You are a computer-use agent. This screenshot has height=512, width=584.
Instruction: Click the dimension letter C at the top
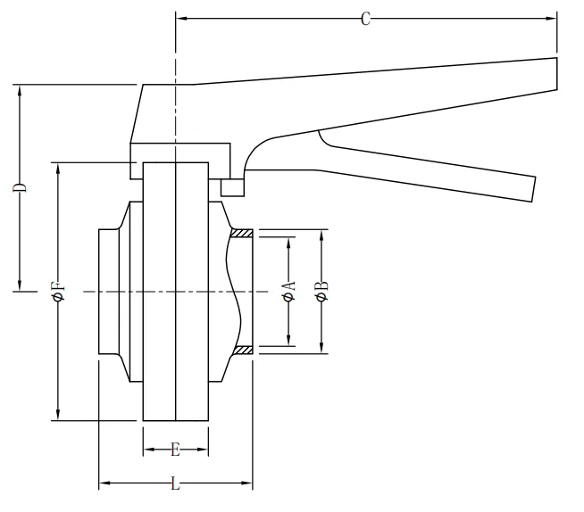365,19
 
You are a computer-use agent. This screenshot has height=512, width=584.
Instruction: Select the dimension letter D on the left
20,187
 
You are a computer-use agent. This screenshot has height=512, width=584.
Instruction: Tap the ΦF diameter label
59,292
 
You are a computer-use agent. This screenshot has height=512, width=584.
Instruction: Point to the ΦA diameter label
289,291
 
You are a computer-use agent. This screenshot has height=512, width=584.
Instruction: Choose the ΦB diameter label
321,291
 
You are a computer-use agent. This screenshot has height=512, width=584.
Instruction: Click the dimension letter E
175,450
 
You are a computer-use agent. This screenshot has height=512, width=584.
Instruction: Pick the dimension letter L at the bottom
175,483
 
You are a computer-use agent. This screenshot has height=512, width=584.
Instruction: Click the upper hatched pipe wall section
242,234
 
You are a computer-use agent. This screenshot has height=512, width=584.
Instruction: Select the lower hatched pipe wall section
243,350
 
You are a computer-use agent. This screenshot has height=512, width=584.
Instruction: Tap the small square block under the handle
233,187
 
